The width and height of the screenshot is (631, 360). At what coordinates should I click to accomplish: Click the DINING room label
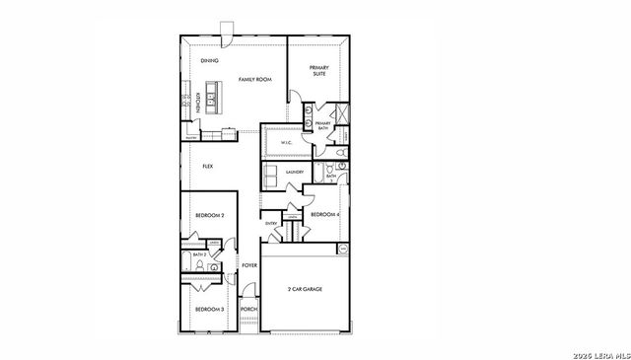click(x=209, y=61)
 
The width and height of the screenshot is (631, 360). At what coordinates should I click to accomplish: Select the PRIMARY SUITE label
click(x=318, y=71)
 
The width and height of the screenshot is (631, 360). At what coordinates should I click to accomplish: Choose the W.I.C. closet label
click(x=286, y=143)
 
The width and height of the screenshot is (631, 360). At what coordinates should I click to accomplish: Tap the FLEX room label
click(x=208, y=167)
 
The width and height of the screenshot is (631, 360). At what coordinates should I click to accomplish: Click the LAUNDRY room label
click(x=294, y=172)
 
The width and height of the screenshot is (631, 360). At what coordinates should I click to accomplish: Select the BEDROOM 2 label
click(x=209, y=215)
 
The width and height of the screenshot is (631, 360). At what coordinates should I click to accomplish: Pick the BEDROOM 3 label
click(x=209, y=310)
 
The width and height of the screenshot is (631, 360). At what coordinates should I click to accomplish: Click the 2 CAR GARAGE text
click(x=305, y=289)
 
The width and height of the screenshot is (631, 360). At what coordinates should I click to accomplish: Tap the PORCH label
click(x=249, y=309)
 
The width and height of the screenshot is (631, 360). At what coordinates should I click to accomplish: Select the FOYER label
click(x=249, y=265)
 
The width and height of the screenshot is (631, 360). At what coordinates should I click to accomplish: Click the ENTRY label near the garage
click(x=272, y=224)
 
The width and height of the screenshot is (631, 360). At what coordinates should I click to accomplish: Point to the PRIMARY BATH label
click(x=322, y=125)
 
